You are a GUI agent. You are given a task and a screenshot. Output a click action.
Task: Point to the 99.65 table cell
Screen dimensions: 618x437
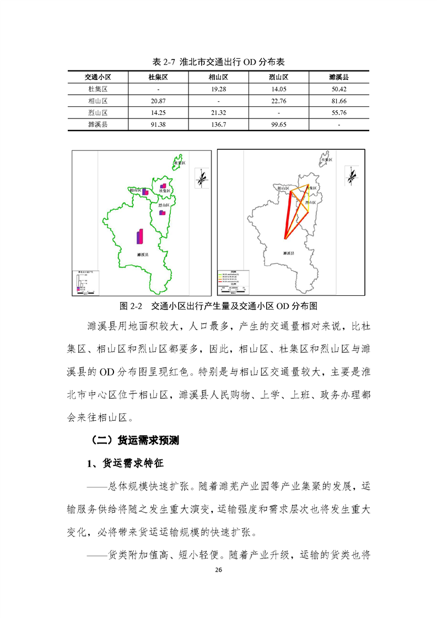click(279, 125)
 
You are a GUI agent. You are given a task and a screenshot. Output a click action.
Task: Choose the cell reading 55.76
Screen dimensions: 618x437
click(339, 113)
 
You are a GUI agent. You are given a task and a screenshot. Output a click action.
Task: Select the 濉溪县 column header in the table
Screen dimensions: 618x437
click(339, 78)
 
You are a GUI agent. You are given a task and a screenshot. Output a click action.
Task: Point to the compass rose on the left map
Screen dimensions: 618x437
click(202, 177)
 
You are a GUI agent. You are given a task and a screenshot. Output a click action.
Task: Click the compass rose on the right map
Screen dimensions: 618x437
click(351, 176)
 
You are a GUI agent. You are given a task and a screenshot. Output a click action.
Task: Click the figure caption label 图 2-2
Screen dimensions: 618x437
click(131, 305)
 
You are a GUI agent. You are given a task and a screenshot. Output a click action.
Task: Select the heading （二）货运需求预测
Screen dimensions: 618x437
click(134, 441)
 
